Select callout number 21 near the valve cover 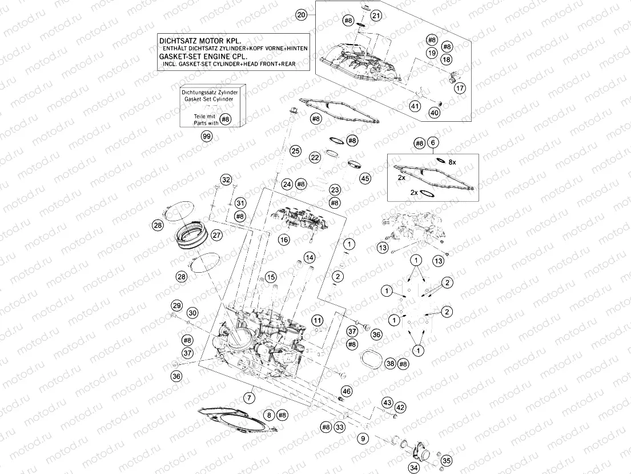click(375, 16)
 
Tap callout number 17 click(460, 88)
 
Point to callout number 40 click(435, 113)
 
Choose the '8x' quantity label click(452, 162)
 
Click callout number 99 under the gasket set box click(206, 137)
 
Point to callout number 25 click(295, 151)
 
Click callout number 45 click(365, 178)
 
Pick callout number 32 click(226, 180)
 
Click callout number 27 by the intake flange click(216, 235)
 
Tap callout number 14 click(309, 257)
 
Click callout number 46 click(347, 391)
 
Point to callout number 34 click(413, 468)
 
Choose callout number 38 click(390, 364)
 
